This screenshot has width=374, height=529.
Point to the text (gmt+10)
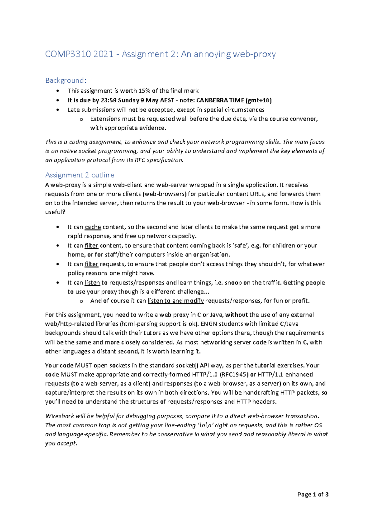(259, 100)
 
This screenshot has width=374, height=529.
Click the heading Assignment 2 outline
(79, 175)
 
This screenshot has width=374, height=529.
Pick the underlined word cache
(93, 227)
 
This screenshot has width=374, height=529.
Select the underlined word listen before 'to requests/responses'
(92, 283)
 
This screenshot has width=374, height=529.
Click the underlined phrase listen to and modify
(175, 301)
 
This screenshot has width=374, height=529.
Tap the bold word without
(237, 315)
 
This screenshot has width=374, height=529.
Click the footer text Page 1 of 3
(313, 494)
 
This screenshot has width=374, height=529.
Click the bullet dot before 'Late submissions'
(58, 110)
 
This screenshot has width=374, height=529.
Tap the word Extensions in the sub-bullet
(105, 119)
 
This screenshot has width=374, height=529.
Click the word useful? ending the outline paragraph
(55, 212)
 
